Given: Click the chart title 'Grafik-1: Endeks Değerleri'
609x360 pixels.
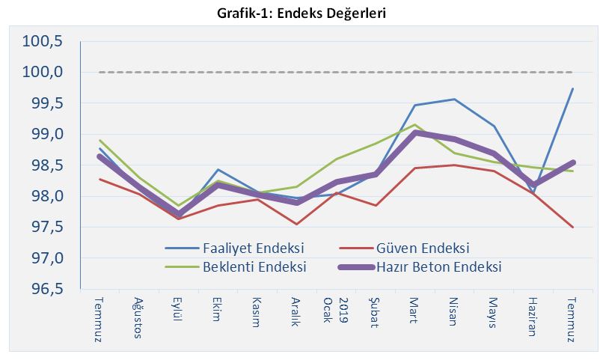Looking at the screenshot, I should click(x=304, y=13).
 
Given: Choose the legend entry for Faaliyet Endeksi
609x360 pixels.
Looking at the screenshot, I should click(x=253, y=248).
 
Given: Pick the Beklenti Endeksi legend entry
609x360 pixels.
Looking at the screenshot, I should click(x=254, y=266).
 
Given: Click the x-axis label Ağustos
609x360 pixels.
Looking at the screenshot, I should click(x=138, y=317).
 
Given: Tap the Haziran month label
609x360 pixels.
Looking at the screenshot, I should click(x=531, y=317).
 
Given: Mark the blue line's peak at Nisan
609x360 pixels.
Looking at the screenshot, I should click(x=453, y=99).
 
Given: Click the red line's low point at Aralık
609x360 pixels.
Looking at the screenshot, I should click(x=296, y=224).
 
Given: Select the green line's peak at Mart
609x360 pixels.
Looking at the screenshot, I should click(x=414, y=125).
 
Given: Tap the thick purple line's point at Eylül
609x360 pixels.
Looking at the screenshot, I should click(x=178, y=215).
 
